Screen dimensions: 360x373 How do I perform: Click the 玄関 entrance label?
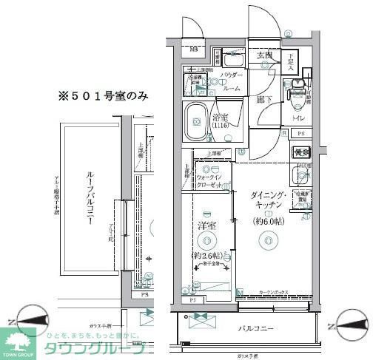pos(265,56)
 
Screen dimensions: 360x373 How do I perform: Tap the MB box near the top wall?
pos(193,50)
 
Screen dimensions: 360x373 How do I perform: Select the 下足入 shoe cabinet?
pos(292,64)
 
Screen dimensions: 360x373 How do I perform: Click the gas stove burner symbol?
pos(300,153)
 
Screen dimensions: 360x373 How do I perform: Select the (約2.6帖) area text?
pos(206,256)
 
